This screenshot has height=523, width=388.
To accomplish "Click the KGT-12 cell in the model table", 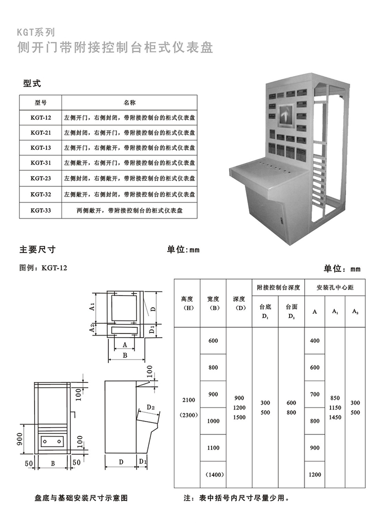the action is coord(41,118).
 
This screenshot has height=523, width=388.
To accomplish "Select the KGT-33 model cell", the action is coord(41,210).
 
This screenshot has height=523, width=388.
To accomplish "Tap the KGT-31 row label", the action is coord(41,163).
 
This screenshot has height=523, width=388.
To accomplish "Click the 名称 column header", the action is coord(129,103).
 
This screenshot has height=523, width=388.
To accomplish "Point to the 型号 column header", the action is coord(41,103).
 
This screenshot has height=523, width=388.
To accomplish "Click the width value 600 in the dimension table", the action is coord(213,341).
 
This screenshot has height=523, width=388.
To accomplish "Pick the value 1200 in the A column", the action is coord(315,475).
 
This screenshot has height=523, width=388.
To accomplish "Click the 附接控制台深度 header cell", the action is coord(278,287).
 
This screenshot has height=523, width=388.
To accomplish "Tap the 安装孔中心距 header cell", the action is coord(335,287).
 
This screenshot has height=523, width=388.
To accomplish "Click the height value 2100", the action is coord(189,400).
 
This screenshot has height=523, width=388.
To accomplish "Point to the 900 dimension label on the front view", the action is coord(19,439).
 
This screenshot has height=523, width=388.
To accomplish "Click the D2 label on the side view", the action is coord(151,407).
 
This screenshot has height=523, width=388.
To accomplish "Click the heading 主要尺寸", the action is coord(37,250).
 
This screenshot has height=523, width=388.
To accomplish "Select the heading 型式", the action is coord(32,83).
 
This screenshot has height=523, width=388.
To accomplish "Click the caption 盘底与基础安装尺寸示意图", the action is coord(81,498).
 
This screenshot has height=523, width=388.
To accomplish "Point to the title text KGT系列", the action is coord(36,32).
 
